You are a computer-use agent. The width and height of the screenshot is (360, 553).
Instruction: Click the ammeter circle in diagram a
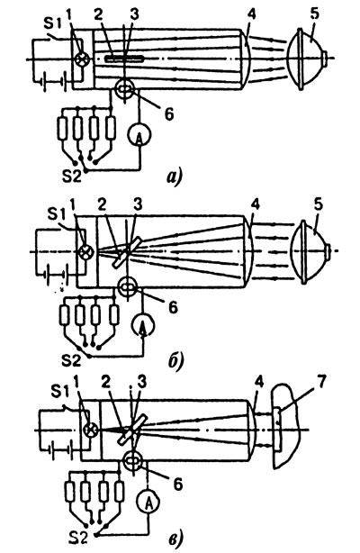click(139, 134)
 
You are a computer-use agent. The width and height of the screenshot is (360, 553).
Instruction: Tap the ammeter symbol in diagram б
click(143, 324)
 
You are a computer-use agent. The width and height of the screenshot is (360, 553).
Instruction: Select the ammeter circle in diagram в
click(148, 502)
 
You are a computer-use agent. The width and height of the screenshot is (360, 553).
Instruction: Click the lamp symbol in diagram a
click(83, 59)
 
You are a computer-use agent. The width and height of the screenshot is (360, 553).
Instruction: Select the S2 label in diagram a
click(72, 176)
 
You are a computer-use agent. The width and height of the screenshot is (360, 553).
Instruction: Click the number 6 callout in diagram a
click(169, 114)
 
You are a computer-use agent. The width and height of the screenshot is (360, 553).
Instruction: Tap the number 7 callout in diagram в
click(320, 384)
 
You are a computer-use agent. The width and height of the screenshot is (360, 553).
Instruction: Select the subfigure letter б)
click(175, 361)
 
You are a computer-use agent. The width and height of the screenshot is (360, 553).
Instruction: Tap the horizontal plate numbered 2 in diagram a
click(124, 59)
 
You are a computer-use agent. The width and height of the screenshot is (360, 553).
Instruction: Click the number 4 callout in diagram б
click(256, 205)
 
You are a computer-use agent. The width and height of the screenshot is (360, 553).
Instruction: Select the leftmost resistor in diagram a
click(63, 128)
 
